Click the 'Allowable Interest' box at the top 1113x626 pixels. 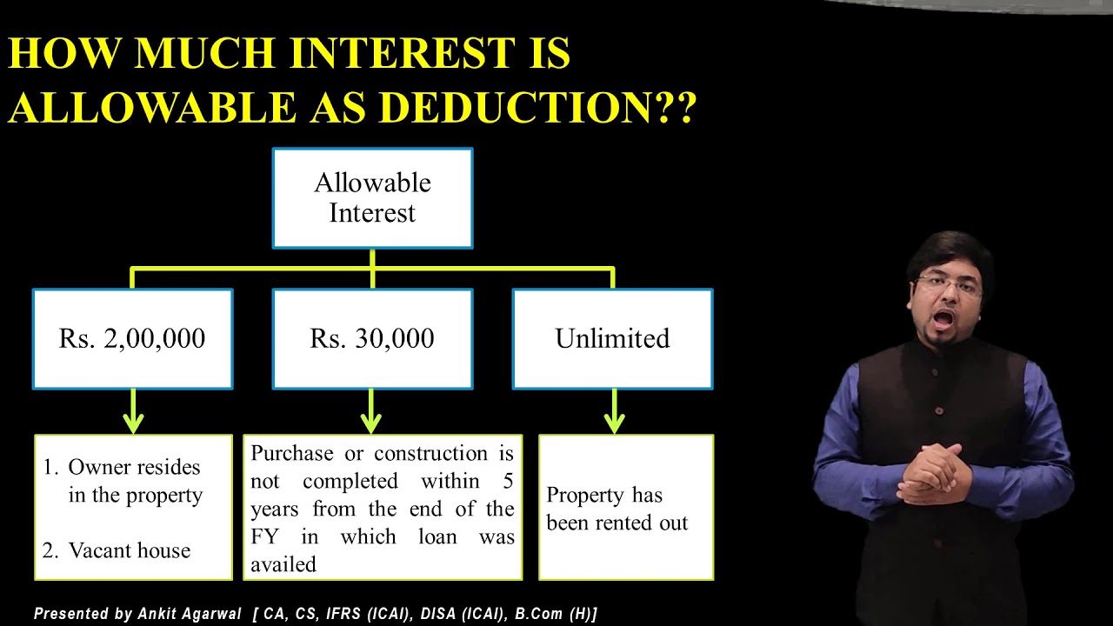(372, 198)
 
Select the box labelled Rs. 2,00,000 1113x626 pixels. (132, 338)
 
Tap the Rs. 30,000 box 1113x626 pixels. (372, 338)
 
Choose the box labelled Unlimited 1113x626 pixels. (612, 338)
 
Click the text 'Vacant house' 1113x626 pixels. (129, 550)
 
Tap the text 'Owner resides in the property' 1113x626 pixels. (135, 481)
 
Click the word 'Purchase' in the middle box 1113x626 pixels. (291, 454)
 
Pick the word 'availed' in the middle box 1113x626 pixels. (283, 564)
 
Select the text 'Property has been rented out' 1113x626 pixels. (616, 509)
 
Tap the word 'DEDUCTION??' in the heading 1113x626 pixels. (537, 109)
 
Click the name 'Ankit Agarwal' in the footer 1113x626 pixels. (189, 614)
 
